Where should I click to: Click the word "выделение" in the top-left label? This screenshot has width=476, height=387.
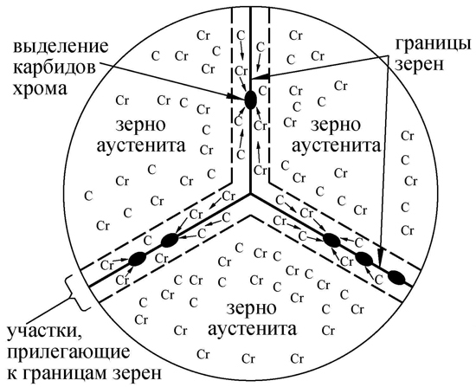tap(61, 48)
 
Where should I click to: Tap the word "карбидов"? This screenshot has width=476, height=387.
tap(55, 68)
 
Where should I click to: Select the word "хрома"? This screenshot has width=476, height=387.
tap(40, 89)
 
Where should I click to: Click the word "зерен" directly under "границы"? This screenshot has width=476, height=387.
tap(420, 65)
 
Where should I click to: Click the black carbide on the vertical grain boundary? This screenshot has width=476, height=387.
tap(250, 100)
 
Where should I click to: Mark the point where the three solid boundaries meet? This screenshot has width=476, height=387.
tap(250, 193)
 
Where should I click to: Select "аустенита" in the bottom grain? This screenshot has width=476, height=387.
tap(252, 330)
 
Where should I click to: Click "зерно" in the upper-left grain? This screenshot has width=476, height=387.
tap(140, 126)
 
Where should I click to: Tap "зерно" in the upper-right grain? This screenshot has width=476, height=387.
tap(336, 126)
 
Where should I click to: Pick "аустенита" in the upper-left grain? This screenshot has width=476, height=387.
tap(141, 146)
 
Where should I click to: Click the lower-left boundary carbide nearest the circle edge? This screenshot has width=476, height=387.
tap(138, 259)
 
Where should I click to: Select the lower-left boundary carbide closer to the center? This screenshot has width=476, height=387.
tap(170, 241)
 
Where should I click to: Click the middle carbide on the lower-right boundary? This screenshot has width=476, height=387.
tap(364, 259)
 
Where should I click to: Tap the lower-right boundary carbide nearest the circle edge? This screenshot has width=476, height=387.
tap(396, 277)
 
